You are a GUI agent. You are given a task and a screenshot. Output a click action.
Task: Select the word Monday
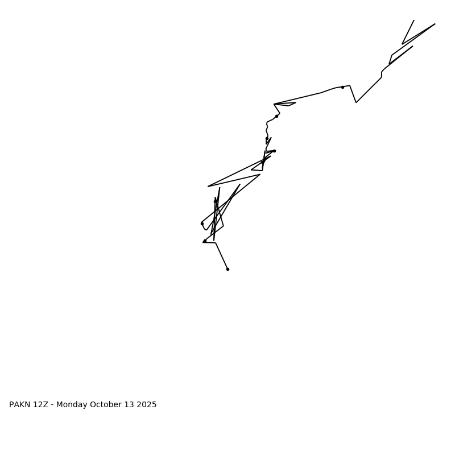[72, 405]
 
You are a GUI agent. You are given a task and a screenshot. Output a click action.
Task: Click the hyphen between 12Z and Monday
[52, 405]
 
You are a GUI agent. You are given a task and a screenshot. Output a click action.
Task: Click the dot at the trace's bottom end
[227, 269]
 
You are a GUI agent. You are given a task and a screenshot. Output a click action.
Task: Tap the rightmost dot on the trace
[342, 87]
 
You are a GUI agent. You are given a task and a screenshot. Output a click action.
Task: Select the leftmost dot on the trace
[202, 224]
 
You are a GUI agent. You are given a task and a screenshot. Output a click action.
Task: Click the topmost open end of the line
[414, 20]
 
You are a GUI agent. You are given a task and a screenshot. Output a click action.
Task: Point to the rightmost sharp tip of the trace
[435, 24]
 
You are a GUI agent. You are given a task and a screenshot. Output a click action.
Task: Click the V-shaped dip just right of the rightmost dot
[356, 102]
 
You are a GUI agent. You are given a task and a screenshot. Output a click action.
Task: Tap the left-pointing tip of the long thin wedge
[208, 186]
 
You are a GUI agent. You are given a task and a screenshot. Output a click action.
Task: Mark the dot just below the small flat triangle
[277, 116]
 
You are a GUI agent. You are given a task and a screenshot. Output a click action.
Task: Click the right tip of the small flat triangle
[295, 103]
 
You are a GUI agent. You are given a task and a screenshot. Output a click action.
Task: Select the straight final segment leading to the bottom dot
[222, 257]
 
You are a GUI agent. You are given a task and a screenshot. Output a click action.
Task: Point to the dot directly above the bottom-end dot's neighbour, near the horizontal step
[205, 241]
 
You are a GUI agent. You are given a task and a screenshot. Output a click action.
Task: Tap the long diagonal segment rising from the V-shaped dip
[369, 90]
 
